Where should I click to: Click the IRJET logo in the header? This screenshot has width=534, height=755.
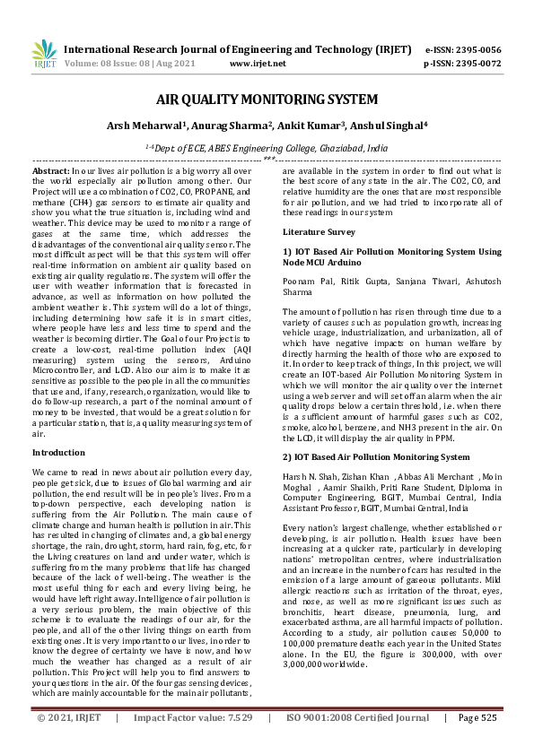(x=44, y=56)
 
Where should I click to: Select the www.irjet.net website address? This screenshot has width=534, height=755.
(x=258, y=64)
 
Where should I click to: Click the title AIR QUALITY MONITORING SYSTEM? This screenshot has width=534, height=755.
(x=267, y=100)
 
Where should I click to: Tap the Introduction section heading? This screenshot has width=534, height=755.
(x=58, y=453)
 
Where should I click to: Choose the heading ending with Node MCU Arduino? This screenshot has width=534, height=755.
(x=391, y=256)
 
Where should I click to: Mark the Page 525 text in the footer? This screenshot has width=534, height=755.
(x=477, y=742)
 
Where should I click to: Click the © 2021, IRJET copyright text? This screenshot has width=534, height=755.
(x=70, y=742)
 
